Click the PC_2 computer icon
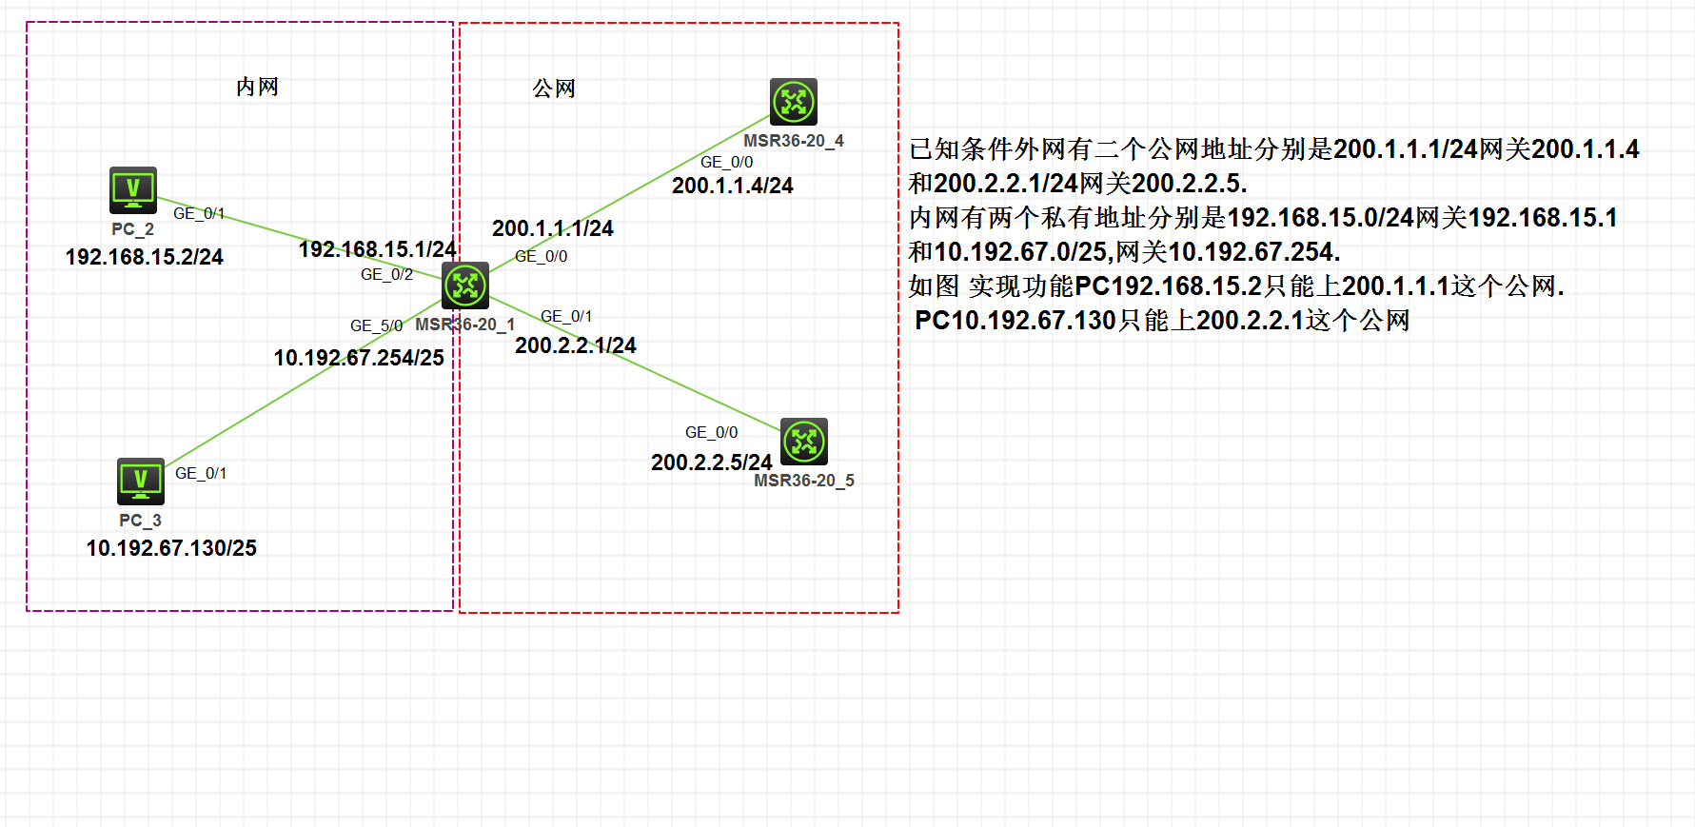[133, 190]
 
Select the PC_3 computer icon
[141, 482]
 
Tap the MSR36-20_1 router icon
[465, 286]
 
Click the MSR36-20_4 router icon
[794, 102]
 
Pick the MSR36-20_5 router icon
[804, 442]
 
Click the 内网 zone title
[257, 88]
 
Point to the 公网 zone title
[554, 89]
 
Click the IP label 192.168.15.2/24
[144, 257]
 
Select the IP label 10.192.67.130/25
[171, 548]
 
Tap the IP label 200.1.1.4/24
[732, 186]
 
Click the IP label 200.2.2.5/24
[711, 463]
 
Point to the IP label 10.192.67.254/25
[359, 358]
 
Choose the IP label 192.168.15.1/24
[377, 249]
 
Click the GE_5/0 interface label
[376, 325]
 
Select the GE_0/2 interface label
[386, 275]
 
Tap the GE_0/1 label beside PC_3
[201, 473]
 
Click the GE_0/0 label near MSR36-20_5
[711, 432]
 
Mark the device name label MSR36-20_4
[793, 141]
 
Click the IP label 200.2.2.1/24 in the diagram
[575, 345]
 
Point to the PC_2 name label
[132, 229]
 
